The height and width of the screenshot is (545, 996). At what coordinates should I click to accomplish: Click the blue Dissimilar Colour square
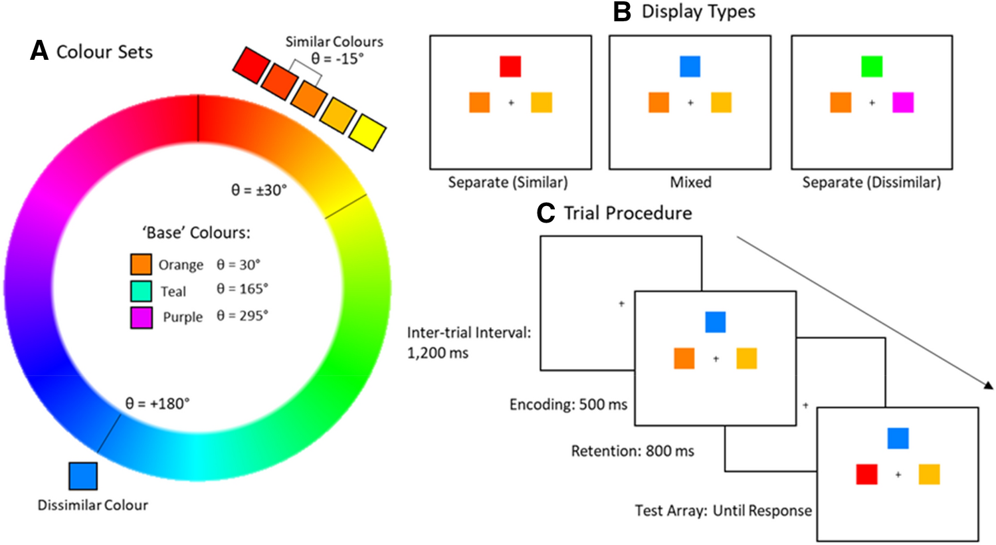[83, 476]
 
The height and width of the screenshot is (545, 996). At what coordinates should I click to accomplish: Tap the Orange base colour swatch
[141, 265]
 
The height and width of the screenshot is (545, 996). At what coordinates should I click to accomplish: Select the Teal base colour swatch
[141, 291]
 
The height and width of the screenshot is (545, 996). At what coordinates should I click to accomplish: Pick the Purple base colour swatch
[141, 317]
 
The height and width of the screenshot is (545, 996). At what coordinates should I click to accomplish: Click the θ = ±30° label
[258, 190]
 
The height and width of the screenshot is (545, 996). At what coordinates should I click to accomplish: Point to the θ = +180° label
[157, 403]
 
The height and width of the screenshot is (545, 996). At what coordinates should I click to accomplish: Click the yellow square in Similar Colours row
[368, 132]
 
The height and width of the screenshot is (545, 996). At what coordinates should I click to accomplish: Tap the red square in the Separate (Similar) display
[510, 66]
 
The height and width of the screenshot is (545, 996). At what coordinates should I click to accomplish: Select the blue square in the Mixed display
[690, 66]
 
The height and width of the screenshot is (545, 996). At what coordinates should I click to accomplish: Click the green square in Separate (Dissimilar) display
[872, 66]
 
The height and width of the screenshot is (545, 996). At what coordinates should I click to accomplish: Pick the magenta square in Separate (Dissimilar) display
[903, 102]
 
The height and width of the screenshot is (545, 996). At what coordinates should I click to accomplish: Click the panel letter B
[622, 12]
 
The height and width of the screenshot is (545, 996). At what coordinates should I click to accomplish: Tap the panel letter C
[546, 213]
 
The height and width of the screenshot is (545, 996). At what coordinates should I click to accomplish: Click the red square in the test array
[866, 475]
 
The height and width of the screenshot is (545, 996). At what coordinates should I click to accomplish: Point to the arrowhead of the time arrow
[989, 385]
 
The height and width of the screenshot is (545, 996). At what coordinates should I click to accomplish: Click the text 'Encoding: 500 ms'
[568, 405]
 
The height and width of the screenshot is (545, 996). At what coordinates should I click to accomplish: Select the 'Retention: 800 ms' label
[633, 451]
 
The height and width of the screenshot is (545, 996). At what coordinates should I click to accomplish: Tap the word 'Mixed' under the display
[690, 182]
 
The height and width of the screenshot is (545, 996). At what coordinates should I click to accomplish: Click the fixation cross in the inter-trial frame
[621, 304]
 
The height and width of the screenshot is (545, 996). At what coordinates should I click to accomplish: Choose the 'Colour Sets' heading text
[104, 52]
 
